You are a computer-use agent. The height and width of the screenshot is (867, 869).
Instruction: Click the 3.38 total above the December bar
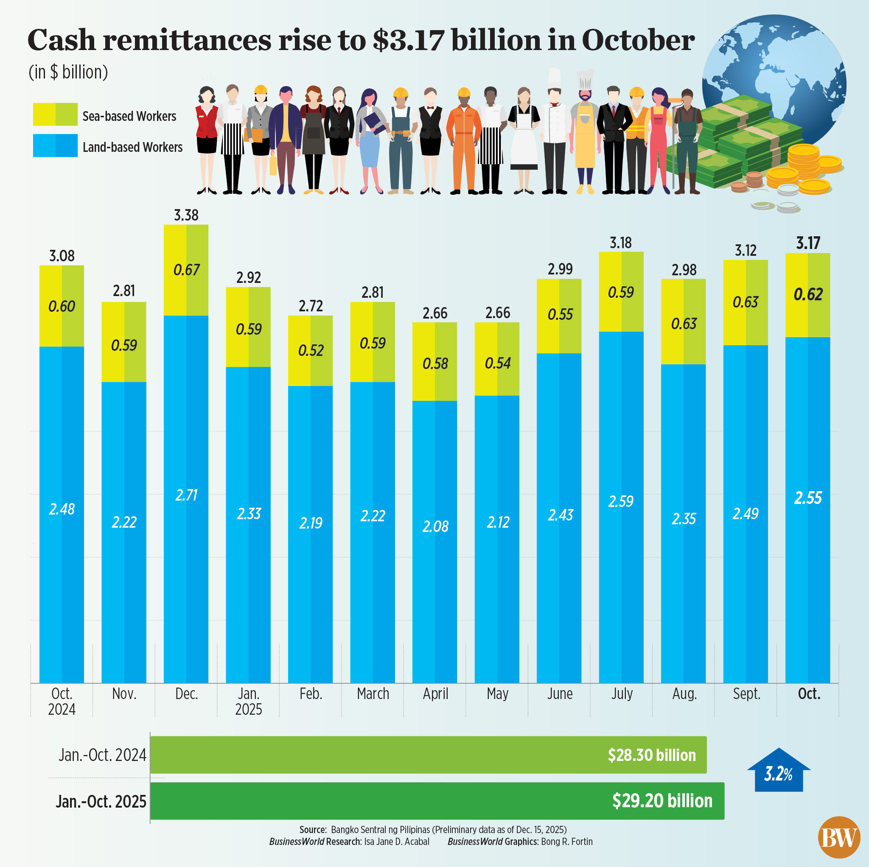tap(186, 215)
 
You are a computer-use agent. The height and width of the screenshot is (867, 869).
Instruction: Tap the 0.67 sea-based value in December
tap(186, 270)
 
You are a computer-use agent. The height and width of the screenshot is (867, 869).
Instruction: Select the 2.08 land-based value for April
tap(435, 526)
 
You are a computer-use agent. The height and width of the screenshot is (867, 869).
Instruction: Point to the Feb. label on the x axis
tap(311, 694)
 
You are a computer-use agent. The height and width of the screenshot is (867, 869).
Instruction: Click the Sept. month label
tap(746, 694)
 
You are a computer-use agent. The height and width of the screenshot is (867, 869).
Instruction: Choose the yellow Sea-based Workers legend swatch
tap(55, 114)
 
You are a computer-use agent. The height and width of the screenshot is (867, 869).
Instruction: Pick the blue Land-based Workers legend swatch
tap(55, 145)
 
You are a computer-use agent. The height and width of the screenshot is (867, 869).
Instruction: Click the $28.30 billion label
tap(651, 755)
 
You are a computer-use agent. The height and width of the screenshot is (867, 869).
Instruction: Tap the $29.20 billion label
tap(662, 801)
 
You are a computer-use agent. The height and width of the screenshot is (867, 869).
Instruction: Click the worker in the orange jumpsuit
tap(463, 140)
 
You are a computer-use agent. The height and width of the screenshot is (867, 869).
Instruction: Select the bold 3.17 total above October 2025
tap(808, 243)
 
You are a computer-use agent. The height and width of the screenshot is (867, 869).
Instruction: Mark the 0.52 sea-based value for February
tap(311, 350)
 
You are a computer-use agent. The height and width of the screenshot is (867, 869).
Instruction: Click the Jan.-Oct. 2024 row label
tap(103, 755)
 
